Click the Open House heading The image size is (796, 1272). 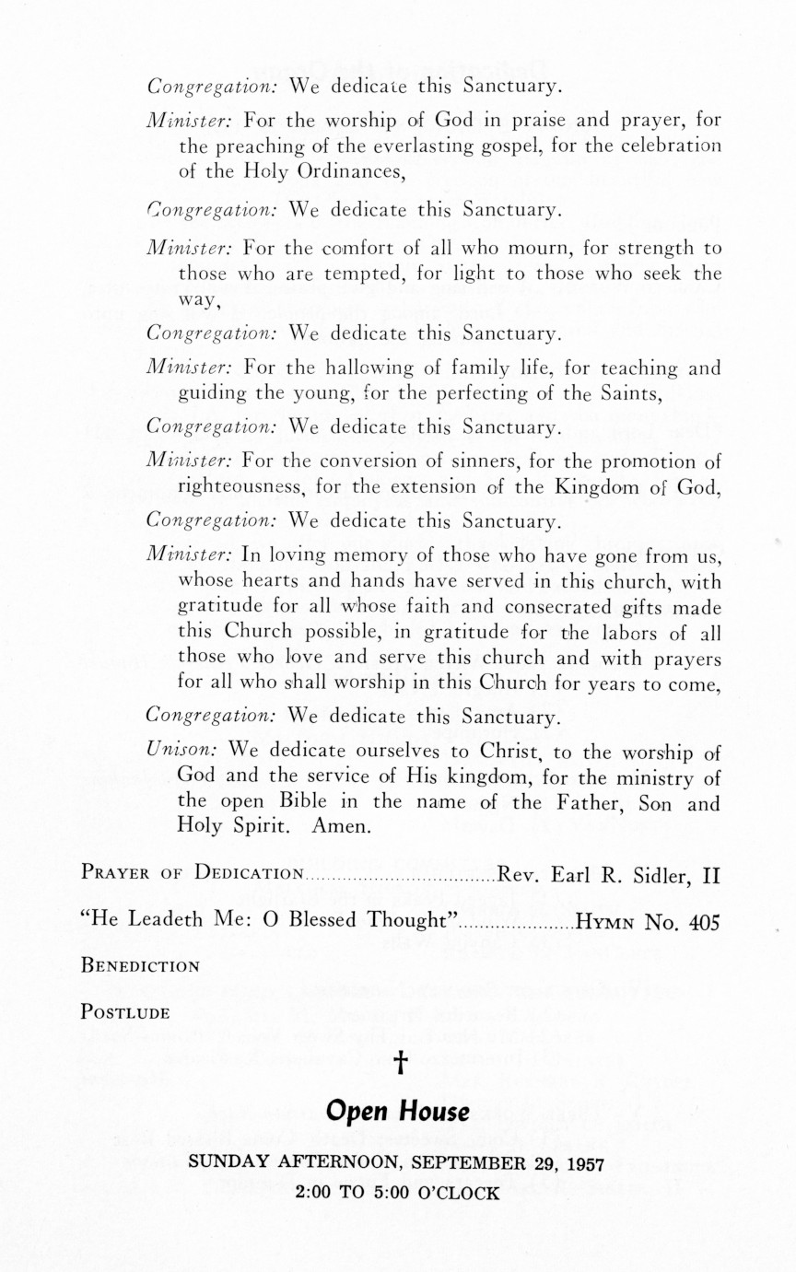coord(398,1112)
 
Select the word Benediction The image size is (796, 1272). coord(140,966)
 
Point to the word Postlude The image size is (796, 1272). coord(125,1012)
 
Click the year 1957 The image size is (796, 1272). coord(582,1162)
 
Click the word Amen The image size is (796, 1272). coord(341,826)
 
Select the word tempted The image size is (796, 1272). coord(335,273)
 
